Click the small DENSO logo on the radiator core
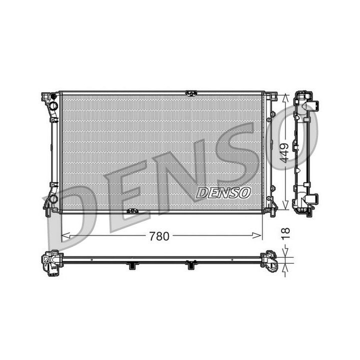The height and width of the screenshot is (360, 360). click(x=223, y=192)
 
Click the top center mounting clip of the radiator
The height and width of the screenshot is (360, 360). click(x=190, y=92)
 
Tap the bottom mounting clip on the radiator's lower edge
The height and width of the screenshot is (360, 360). click(x=132, y=211)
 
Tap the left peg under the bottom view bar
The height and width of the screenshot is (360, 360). click(x=132, y=265)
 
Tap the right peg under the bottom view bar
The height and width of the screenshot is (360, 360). click(x=190, y=265)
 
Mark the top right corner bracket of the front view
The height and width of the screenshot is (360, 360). click(x=270, y=96)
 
